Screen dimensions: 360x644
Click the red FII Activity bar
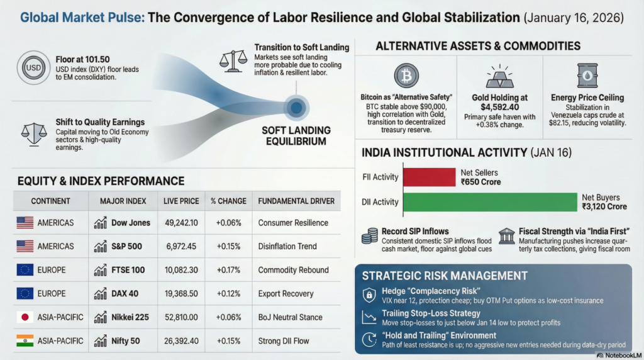point(429,177)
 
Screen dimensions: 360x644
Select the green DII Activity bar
point(489,202)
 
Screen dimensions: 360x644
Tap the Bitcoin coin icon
point(406,76)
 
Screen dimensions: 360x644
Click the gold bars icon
point(500,77)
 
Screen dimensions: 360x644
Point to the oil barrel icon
point(587,76)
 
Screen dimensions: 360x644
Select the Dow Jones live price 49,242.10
point(180,223)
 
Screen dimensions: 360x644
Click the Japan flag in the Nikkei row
point(25,317)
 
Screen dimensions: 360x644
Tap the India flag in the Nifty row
point(25,341)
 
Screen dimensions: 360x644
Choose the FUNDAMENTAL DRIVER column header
point(296,201)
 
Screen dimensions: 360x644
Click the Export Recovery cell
point(285,294)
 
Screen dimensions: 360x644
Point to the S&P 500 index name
point(126,246)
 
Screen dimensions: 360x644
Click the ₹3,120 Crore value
point(604,206)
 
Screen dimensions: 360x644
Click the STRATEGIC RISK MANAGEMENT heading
point(444,276)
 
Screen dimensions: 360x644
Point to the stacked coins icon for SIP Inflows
point(369,236)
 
